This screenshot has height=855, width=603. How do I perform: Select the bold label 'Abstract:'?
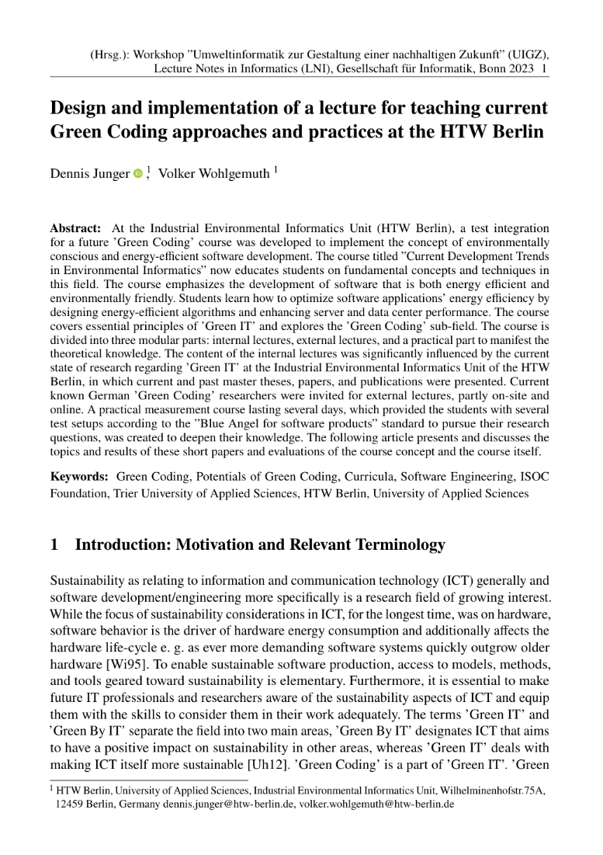tap(75, 229)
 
